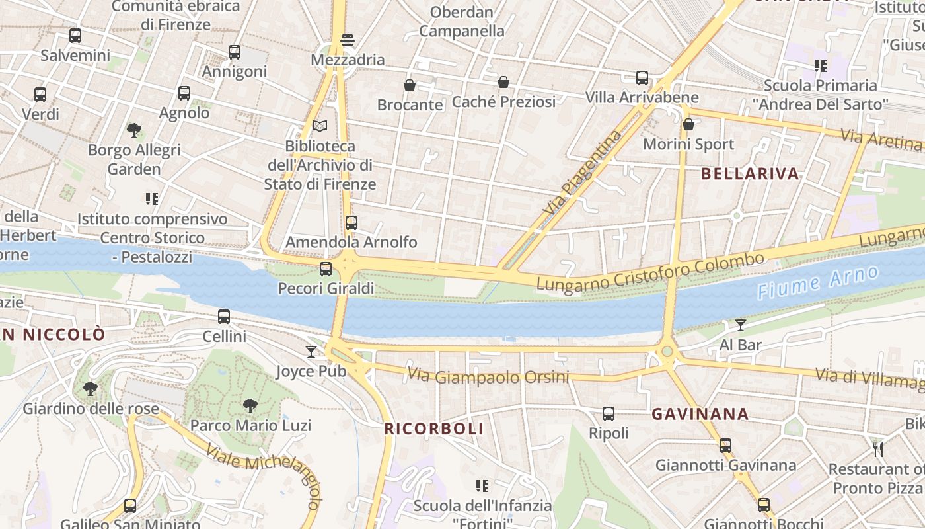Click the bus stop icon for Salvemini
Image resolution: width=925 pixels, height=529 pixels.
coord(75,36)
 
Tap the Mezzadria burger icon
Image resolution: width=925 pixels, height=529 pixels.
coord(348,40)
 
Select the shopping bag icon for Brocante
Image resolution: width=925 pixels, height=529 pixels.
coord(410,85)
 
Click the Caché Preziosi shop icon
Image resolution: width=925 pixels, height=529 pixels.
coord(503,82)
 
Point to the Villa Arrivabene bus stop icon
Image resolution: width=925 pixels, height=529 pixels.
coord(642,78)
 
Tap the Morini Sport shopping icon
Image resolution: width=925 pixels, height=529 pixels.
coord(688,124)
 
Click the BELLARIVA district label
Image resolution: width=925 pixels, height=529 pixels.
coord(750,174)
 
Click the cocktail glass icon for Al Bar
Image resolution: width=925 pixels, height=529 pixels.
coord(740,325)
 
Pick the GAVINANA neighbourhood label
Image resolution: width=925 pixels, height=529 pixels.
coord(700,415)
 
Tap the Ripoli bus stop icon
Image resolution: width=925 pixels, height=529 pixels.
coord(609,415)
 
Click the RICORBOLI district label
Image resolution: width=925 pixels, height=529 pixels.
coord(434,428)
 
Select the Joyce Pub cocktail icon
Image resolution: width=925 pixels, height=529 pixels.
coord(311,351)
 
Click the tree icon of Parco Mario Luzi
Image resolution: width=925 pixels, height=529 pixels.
coord(250,405)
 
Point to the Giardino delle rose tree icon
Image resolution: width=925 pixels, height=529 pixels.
coord(91,389)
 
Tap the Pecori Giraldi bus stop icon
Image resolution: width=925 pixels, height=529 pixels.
coord(326,269)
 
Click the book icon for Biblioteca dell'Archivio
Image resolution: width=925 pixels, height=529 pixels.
coord(320,126)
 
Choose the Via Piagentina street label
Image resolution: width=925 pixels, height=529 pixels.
coord(582,172)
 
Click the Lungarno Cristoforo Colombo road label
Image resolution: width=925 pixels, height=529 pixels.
coord(650,272)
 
